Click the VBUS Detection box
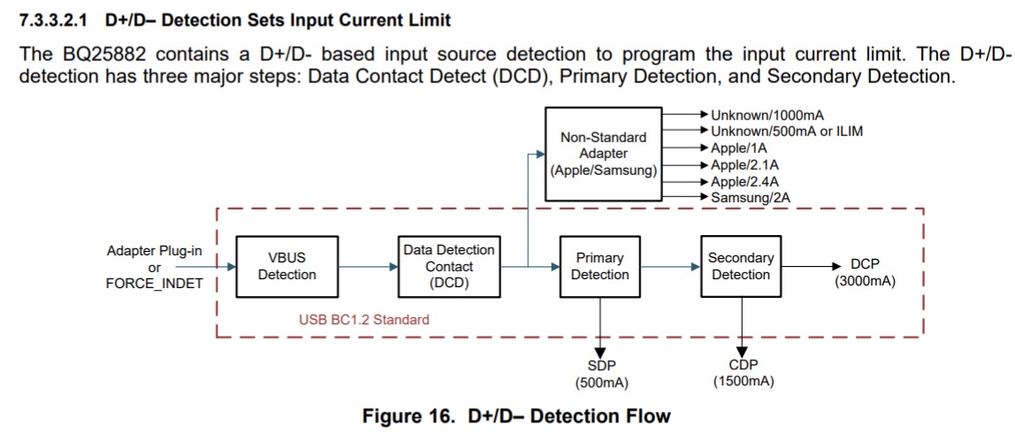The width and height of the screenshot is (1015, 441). coord(286,266)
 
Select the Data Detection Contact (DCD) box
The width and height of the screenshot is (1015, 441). coord(449,266)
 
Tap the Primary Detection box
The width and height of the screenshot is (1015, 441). coord(599,266)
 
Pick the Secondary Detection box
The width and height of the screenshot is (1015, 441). coord(741,266)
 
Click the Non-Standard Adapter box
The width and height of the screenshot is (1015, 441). coord(603,154)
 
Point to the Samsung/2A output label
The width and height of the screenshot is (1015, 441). coord(750,196)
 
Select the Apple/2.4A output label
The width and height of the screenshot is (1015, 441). coord(744,180)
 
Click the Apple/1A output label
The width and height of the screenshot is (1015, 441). coord(737,148)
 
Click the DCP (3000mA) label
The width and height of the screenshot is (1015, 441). coord(864,271)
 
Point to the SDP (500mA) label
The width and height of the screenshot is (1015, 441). coord(601,374)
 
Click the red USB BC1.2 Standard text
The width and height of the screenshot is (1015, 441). coord(363,319)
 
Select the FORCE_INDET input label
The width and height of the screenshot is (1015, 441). coord(154,284)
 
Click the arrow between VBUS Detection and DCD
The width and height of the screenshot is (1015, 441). coord(367,266)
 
